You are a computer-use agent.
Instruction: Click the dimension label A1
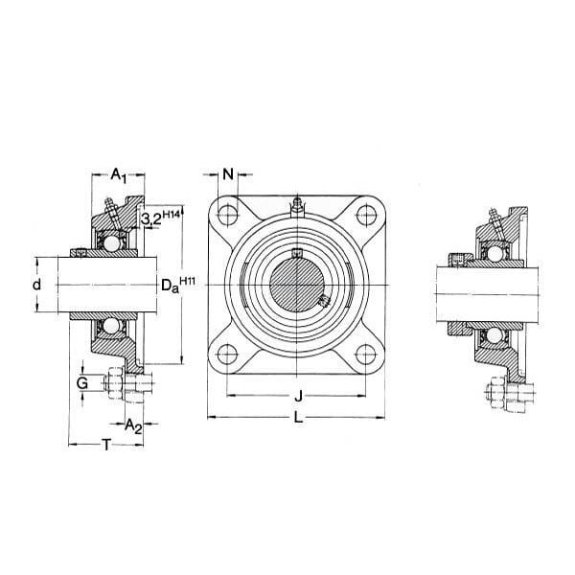tap(118, 175)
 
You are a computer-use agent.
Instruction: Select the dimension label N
tap(228, 174)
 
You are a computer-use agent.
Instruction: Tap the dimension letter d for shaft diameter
tap(36, 285)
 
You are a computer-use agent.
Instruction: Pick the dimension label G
tap(82, 383)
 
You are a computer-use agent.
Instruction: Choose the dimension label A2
tap(133, 426)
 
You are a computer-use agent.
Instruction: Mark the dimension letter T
tap(106, 445)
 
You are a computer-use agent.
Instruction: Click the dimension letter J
tap(299, 396)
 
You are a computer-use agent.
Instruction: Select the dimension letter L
tap(298, 417)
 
